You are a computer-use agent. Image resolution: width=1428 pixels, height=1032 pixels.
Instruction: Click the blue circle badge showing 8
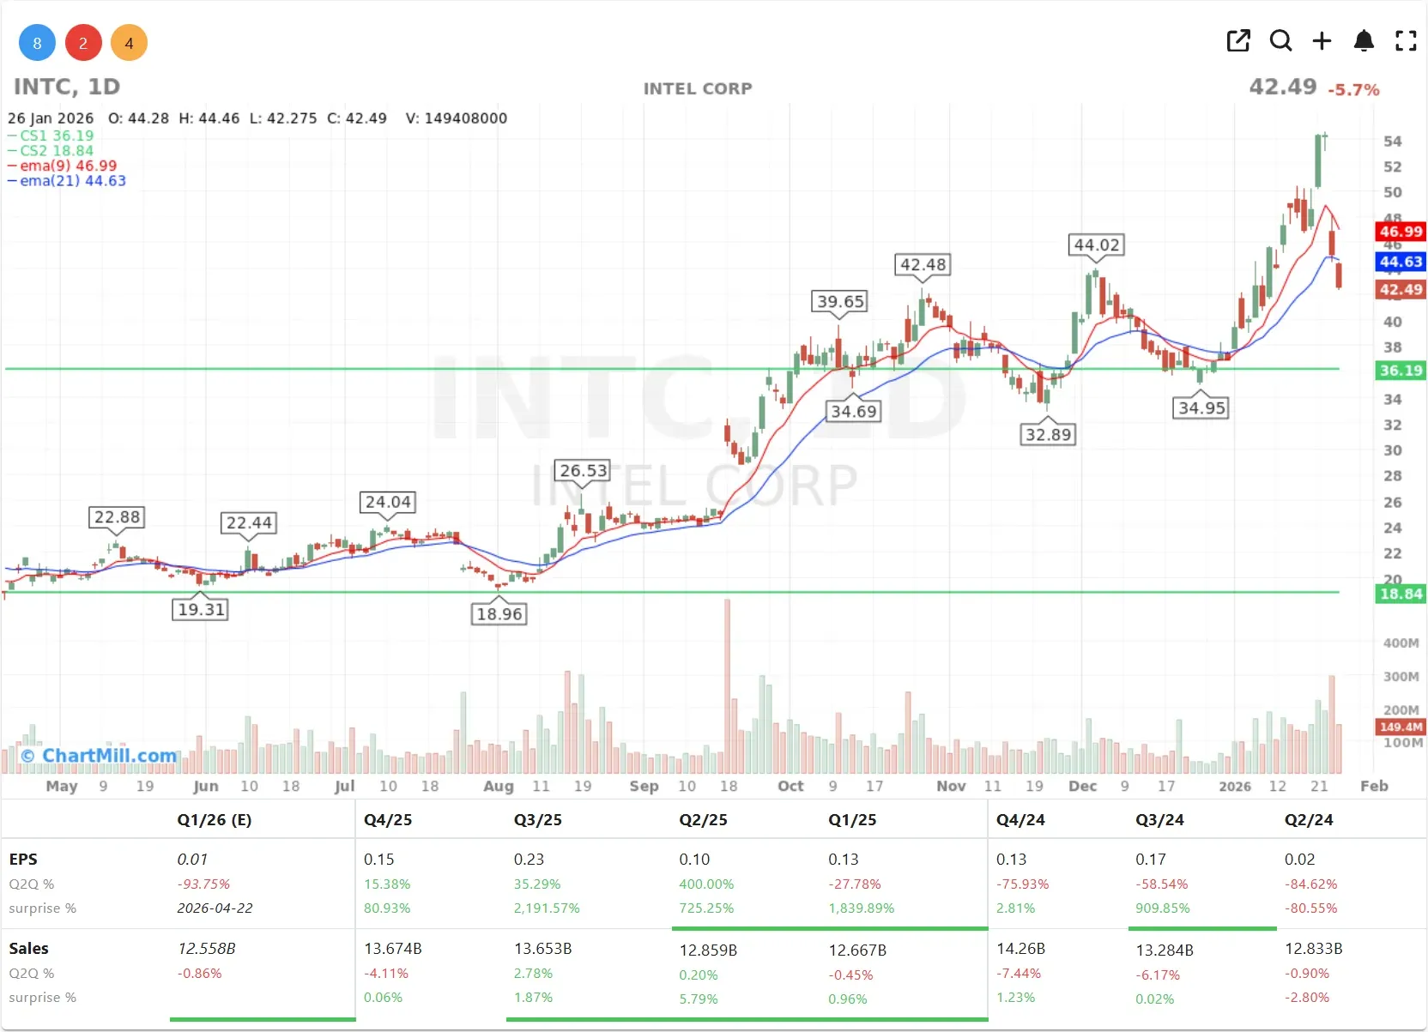(x=37, y=43)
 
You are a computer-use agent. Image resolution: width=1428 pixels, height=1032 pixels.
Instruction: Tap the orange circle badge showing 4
(x=129, y=43)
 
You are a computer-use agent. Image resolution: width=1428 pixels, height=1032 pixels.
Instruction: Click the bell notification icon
(x=1364, y=40)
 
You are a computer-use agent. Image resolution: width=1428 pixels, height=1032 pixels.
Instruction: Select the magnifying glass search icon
(x=1280, y=40)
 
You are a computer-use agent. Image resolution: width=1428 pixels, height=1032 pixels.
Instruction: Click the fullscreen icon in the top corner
(x=1406, y=40)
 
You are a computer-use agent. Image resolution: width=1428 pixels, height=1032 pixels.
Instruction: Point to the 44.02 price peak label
(x=1097, y=244)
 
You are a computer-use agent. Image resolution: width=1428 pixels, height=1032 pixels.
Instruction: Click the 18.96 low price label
(x=499, y=614)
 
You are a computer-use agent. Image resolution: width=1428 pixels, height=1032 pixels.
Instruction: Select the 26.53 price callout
(x=584, y=470)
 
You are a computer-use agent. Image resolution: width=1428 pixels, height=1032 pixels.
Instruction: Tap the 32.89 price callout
(x=1049, y=434)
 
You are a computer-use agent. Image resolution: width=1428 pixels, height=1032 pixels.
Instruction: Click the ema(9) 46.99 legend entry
(x=68, y=166)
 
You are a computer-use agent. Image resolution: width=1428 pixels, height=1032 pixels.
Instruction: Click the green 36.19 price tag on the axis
(x=1401, y=371)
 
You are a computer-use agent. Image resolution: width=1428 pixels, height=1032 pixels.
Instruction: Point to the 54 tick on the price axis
(x=1392, y=142)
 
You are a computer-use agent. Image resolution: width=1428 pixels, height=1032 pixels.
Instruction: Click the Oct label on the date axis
(x=790, y=786)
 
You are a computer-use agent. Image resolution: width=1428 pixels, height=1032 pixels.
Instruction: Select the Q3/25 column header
(x=537, y=820)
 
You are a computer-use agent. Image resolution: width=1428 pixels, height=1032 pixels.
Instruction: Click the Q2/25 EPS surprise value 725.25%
(x=706, y=908)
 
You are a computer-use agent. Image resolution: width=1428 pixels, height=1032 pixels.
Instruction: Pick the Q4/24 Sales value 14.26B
(x=1020, y=949)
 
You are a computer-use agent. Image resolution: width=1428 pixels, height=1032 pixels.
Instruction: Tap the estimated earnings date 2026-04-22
(x=215, y=908)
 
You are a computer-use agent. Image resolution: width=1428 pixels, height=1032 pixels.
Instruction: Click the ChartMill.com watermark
(x=100, y=756)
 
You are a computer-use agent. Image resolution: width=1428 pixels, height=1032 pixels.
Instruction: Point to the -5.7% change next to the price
(x=1353, y=89)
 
